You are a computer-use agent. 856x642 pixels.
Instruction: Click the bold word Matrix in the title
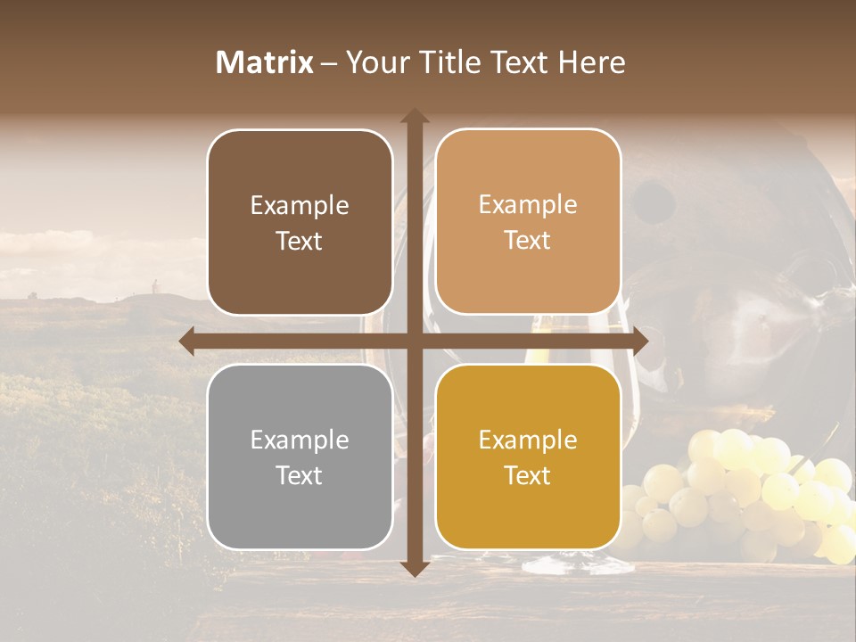pyautogui.click(x=265, y=62)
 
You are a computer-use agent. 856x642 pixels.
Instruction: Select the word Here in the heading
pyautogui.click(x=592, y=62)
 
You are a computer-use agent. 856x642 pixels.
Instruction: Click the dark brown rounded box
pyautogui.click(x=300, y=223)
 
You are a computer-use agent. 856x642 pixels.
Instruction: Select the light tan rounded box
pyautogui.click(x=528, y=222)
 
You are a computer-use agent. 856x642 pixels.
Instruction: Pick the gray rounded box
pyautogui.click(x=300, y=457)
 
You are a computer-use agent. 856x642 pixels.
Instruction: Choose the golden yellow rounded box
pyautogui.click(x=528, y=457)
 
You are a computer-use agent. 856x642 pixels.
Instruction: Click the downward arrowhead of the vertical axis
pyautogui.click(x=414, y=568)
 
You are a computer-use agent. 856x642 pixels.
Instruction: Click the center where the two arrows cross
pyautogui.click(x=414, y=342)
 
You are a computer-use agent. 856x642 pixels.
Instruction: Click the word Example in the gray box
pyautogui.click(x=300, y=440)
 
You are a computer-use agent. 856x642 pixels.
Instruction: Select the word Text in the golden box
pyautogui.click(x=528, y=475)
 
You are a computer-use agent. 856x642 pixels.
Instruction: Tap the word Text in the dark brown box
pyautogui.click(x=300, y=241)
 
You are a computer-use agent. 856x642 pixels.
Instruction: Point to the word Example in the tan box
pyautogui.click(x=528, y=204)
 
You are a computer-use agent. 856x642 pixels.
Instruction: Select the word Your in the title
pyautogui.click(x=373, y=62)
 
